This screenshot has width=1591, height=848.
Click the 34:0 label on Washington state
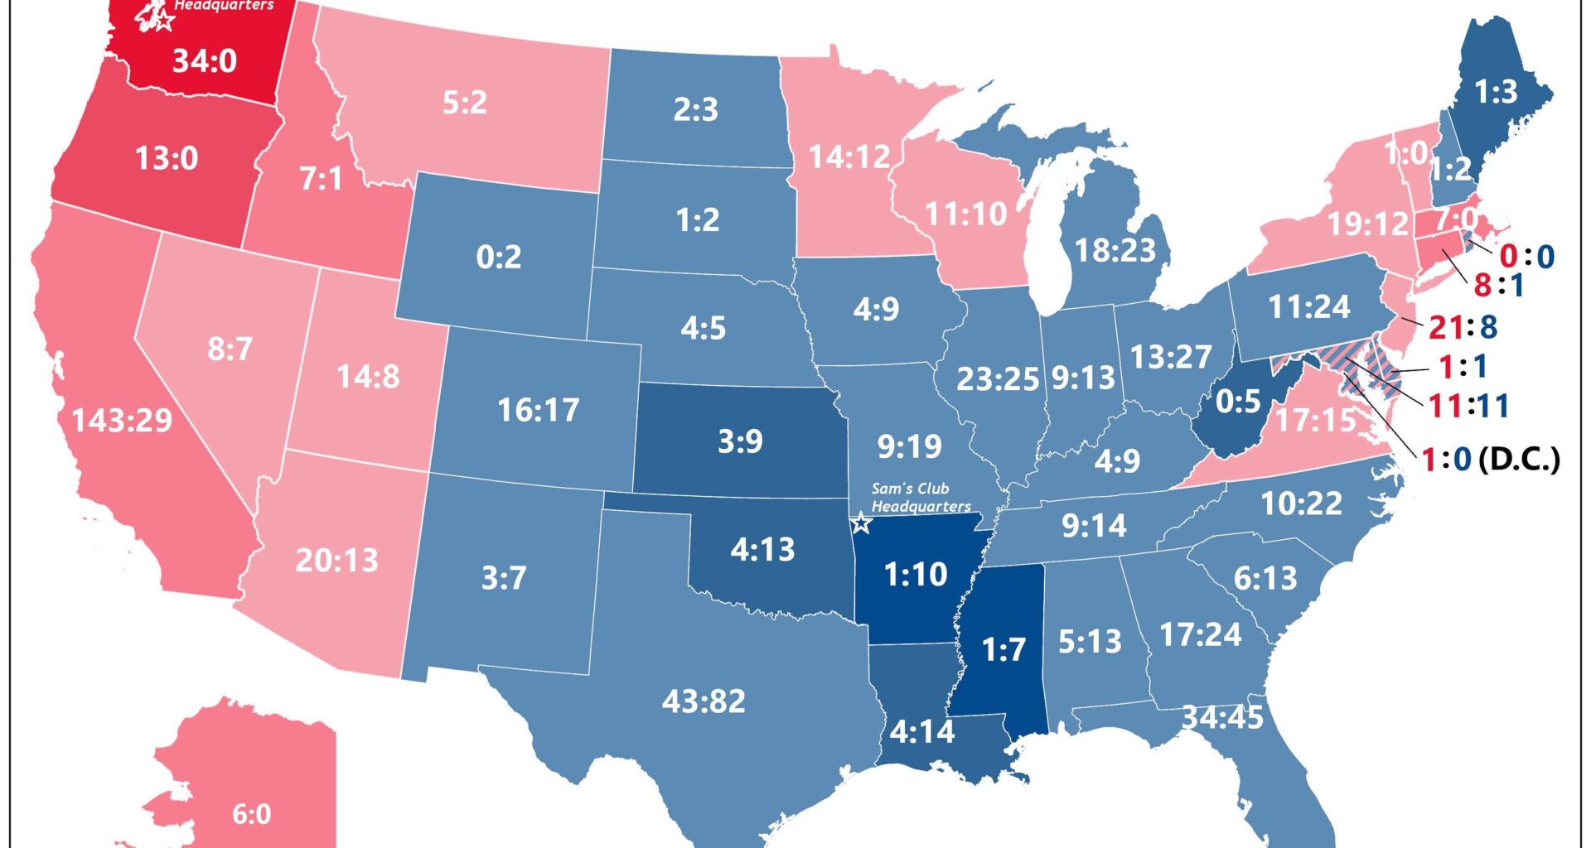[x=205, y=61]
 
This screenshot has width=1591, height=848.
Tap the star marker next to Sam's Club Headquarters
[x=861, y=523]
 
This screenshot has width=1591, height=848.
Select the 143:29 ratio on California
[x=122, y=421]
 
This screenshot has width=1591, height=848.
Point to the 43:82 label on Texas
[x=704, y=701]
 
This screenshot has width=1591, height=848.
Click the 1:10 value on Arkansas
[x=915, y=574]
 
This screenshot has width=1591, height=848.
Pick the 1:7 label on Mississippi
[x=1003, y=650]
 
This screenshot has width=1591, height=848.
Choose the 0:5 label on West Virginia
[x=1238, y=402]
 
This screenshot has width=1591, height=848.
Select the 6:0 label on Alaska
[x=252, y=814]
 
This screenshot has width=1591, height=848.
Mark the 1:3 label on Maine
[x=1496, y=92]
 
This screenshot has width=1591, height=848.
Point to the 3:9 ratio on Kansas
[x=740, y=441]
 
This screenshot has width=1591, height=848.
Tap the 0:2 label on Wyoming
[x=499, y=258]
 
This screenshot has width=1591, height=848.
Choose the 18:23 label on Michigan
[x=1115, y=250]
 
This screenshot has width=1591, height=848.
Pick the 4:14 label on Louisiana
[x=921, y=732]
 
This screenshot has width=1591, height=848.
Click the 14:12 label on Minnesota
[x=849, y=157]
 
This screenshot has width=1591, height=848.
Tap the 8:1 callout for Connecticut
[x=1498, y=286]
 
